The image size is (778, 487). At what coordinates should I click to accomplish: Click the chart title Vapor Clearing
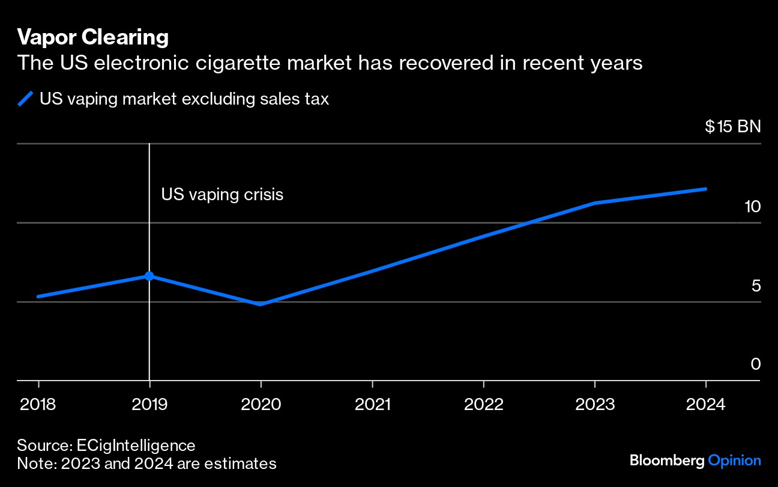(x=92, y=38)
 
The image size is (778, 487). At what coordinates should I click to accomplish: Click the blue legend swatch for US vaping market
(x=26, y=99)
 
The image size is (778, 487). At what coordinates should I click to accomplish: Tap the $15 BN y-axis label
(x=732, y=127)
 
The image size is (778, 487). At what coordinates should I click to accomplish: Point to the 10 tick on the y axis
(x=752, y=206)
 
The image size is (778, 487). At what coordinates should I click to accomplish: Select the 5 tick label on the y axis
(x=756, y=286)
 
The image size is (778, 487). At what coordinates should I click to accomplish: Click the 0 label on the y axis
(x=756, y=364)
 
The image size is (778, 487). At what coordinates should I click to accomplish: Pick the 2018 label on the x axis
(x=38, y=403)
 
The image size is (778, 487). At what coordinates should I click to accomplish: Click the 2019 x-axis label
(x=149, y=403)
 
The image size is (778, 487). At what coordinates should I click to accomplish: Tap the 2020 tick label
(x=261, y=403)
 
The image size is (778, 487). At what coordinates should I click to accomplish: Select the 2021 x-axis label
(x=372, y=403)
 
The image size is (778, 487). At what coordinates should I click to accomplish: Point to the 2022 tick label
(x=483, y=403)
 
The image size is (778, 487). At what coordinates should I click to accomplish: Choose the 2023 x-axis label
(x=595, y=403)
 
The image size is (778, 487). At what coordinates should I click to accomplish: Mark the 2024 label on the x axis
(x=706, y=403)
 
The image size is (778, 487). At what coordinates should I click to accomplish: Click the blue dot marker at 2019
(x=149, y=276)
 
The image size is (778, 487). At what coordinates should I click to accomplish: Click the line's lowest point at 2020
(x=261, y=304)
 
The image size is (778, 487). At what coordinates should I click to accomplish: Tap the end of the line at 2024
(x=705, y=189)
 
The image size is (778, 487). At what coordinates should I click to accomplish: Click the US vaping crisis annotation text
(x=222, y=195)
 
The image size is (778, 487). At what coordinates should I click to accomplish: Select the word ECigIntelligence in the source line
(x=136, y=446)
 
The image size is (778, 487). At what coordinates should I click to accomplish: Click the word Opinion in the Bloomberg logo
(x=734, y=461)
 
